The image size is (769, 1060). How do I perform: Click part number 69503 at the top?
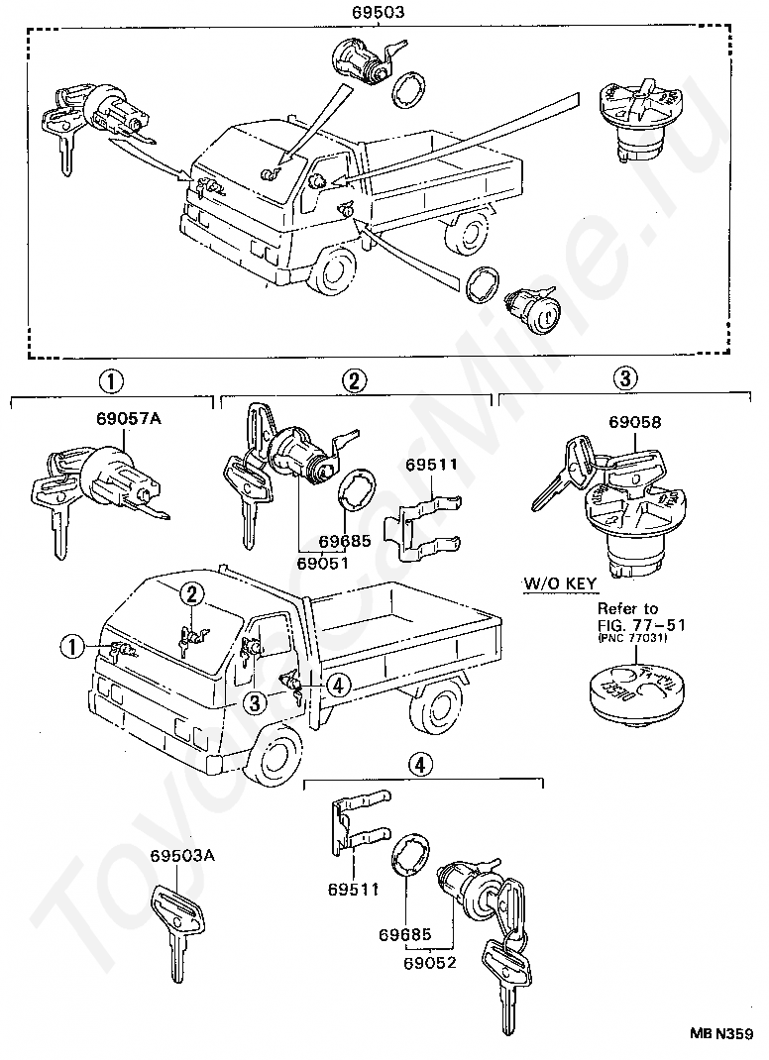[383, 13]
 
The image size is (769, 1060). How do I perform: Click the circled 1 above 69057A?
[111, 379]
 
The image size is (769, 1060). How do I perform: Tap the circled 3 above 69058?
[624, 378]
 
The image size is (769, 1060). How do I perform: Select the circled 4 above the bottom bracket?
[421, 764]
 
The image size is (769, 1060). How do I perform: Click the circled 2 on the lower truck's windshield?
[192, 594]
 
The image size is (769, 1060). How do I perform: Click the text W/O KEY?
[561, 583]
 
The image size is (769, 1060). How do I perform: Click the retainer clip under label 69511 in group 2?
[427, 523]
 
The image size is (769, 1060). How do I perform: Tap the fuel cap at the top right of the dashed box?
[639, 119]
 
